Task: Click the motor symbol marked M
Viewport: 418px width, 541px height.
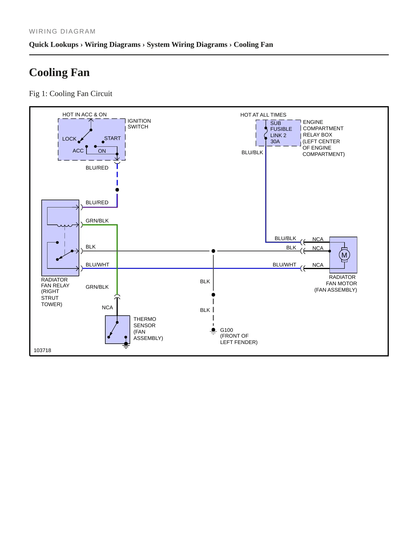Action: click(344, 255)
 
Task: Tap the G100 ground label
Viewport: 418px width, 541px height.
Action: click(227, 330)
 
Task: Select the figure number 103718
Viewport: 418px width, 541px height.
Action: click(43, 350)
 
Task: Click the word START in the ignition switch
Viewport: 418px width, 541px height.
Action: click(113, 138)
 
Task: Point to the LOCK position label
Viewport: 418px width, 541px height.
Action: click(69, 139)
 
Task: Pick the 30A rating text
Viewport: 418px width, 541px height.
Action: click(275, 141)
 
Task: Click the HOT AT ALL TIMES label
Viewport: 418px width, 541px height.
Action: click(263, 115)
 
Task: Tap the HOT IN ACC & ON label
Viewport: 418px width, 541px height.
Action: click(84, 115)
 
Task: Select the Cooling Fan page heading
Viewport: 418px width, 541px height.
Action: click(60, 72)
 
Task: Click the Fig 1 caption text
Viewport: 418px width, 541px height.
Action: click(71, 93)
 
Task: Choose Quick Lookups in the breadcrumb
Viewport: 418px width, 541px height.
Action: click(54, 45)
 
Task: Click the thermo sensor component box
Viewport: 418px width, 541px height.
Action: click(117, 330)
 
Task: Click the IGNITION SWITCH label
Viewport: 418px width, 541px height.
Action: click(139, 124)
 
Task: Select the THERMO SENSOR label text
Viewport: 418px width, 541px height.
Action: click(145, 322)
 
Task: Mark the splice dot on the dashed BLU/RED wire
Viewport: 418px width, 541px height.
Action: click(117, 190)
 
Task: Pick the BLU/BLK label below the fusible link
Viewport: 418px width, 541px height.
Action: click(252, 152)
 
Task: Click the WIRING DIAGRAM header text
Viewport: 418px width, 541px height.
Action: click(62, 32)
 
